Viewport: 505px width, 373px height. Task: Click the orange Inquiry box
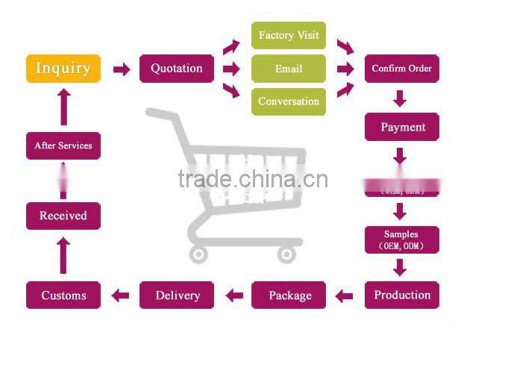coord(63,69)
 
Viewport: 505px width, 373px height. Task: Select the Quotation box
coord(177,69)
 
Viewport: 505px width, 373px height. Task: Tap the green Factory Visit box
coord(289,36)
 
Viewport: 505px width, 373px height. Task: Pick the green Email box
coord(289,69)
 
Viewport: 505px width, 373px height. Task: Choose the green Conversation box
coord(289,101)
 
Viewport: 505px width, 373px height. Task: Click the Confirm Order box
coord(402,69)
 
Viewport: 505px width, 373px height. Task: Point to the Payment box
coord(402,127)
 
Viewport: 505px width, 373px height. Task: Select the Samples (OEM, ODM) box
coord(402,239)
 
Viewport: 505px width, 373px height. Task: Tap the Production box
coord(402,295)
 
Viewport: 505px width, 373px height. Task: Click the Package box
coord(289,295)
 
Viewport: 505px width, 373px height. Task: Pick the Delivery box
coord(177,295)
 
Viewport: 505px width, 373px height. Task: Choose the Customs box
coord(63,295)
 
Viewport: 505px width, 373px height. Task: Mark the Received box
coord(63,216)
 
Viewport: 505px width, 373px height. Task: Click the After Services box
coord(63,145)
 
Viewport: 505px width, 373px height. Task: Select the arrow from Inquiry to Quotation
coord(121,69)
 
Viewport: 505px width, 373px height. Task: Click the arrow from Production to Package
coord(344,296)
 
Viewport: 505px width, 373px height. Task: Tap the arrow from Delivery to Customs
coord(120,296)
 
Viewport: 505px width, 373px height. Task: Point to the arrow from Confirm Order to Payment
coord(401,98)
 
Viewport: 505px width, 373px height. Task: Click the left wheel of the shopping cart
coord(198,254)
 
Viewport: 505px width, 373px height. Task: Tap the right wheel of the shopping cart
coord(286,254)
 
